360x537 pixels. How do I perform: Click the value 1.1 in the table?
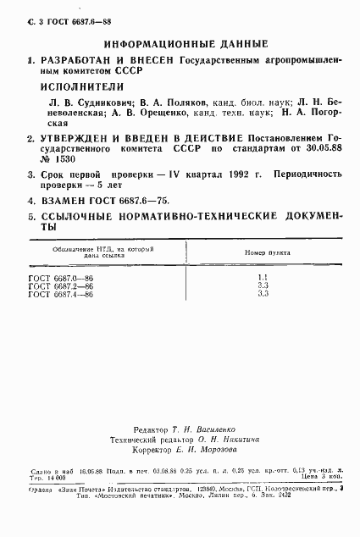click(262, 278)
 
